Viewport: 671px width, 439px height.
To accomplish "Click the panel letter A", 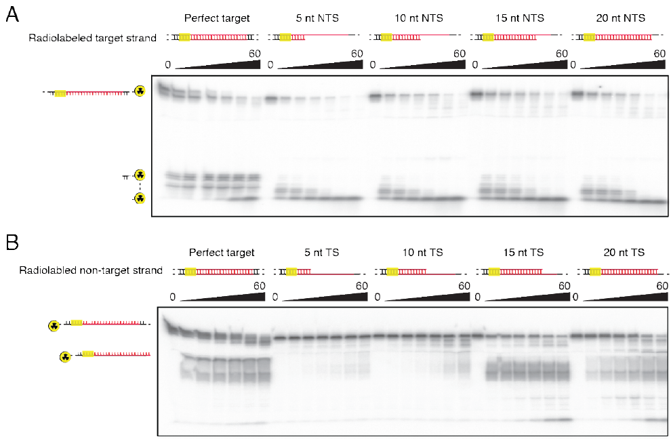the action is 12,14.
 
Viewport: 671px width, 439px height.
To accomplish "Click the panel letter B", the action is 12,242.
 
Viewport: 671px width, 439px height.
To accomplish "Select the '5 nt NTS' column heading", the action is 317,18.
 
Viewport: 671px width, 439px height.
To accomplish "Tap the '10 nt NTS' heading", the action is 418,18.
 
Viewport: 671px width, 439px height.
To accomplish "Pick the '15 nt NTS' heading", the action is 519,18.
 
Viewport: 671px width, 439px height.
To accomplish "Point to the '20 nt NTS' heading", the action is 620,18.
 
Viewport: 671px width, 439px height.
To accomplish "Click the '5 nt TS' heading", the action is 321,253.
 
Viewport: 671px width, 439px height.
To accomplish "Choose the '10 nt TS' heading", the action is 422,253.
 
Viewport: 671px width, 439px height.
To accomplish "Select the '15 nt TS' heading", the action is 523,253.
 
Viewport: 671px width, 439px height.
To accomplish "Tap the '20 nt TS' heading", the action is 624,253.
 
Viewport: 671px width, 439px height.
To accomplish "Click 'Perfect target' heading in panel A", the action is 217,18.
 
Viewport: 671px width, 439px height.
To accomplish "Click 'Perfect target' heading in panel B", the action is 222,253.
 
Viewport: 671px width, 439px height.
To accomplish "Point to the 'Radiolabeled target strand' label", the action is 92,38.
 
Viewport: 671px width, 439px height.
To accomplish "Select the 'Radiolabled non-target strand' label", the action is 91,270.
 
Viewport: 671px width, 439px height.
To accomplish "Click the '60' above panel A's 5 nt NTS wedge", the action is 357,54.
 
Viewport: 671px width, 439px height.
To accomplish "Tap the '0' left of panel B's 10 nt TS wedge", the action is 377,297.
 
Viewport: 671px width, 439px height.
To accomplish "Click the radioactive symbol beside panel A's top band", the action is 140,91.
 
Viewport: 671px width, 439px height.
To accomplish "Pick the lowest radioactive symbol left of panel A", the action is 140,198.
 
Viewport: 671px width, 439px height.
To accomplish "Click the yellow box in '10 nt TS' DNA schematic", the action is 392,271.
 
